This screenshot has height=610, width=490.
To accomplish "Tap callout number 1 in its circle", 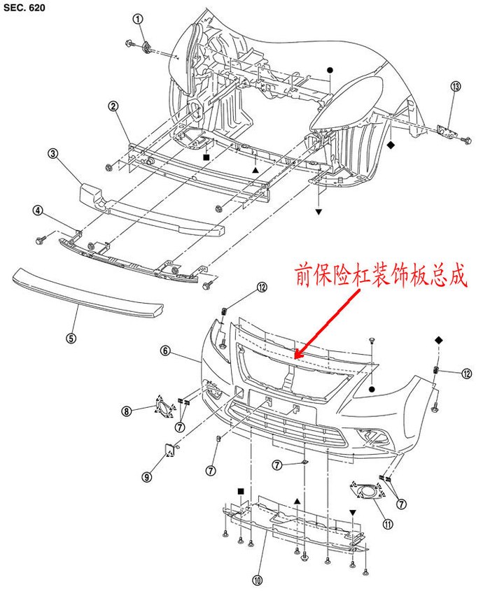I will [x=139, y=18].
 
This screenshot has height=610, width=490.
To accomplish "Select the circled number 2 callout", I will [x=113, y=106].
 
